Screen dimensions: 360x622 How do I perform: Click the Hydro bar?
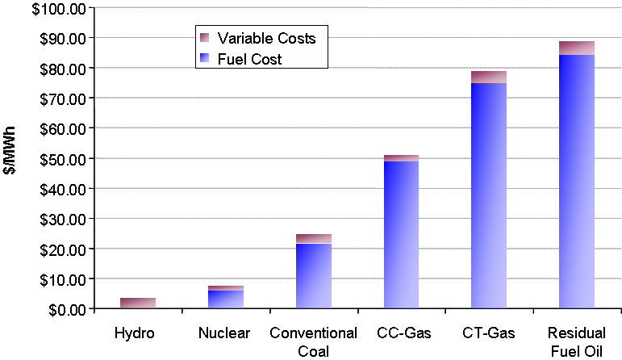138,303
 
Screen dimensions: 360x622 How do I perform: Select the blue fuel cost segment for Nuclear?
226,299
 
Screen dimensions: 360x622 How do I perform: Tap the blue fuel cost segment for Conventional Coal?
314,276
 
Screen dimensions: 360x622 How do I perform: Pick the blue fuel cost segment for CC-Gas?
401,235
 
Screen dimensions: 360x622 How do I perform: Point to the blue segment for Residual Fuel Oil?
577,182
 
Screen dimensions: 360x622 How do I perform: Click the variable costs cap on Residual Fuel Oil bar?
577,48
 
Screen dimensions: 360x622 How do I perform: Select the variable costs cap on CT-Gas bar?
489,77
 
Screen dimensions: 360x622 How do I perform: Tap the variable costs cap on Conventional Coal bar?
314,239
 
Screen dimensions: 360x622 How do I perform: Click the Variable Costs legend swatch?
204,37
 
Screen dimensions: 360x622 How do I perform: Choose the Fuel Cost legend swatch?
204,58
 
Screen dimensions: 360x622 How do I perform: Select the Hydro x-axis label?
138,333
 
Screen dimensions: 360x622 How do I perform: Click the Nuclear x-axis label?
226,333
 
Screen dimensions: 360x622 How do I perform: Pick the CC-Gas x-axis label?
401,333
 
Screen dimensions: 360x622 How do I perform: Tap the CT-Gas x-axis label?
489,333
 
